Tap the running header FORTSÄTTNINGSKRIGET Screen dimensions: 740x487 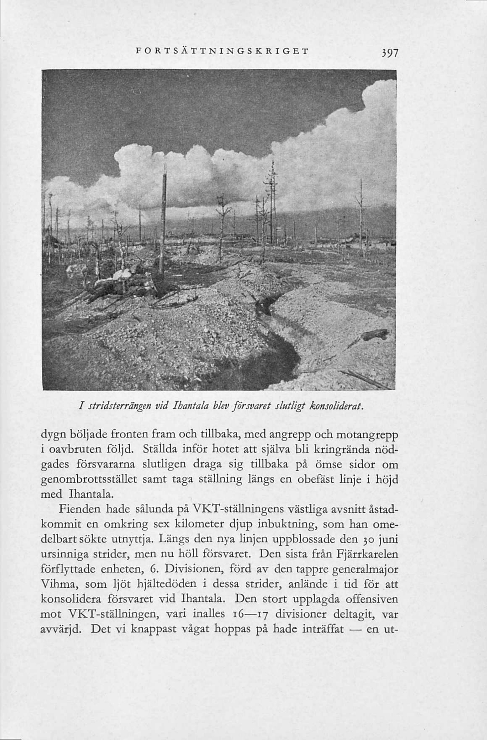[x=222, y=51]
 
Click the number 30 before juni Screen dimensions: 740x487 [x=367, y=539]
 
